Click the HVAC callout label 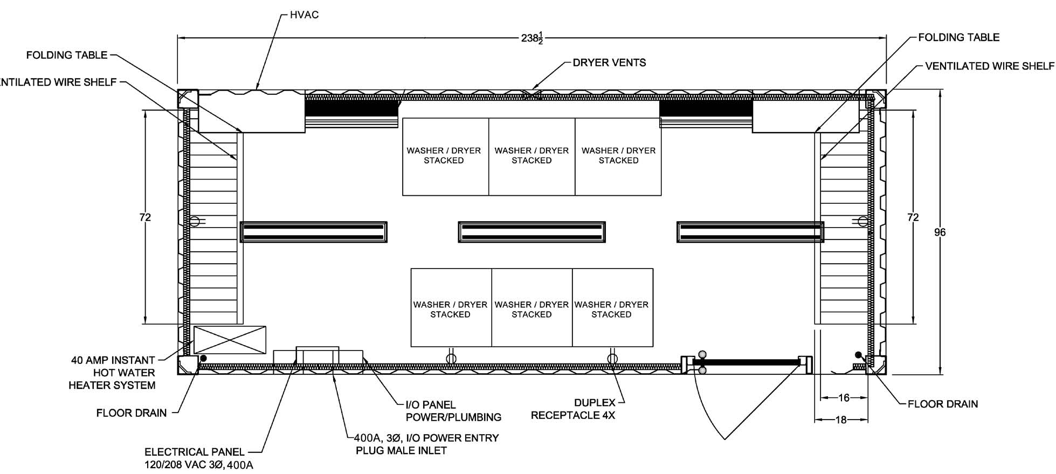304,15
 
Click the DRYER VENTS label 609,63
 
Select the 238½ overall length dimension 532,38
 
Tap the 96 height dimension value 940,232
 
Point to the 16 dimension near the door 844,398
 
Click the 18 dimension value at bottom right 841,420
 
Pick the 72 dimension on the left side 145,217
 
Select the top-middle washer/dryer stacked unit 532,156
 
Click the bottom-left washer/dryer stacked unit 450,309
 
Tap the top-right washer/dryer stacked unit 618,156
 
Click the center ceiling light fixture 532,232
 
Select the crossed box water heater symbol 230,340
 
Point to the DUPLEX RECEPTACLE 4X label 573,409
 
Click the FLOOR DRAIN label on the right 942,404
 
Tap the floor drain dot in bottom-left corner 203,358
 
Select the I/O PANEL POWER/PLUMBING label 453,411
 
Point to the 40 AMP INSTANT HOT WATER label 113,373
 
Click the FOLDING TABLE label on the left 67,55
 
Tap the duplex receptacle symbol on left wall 195,221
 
